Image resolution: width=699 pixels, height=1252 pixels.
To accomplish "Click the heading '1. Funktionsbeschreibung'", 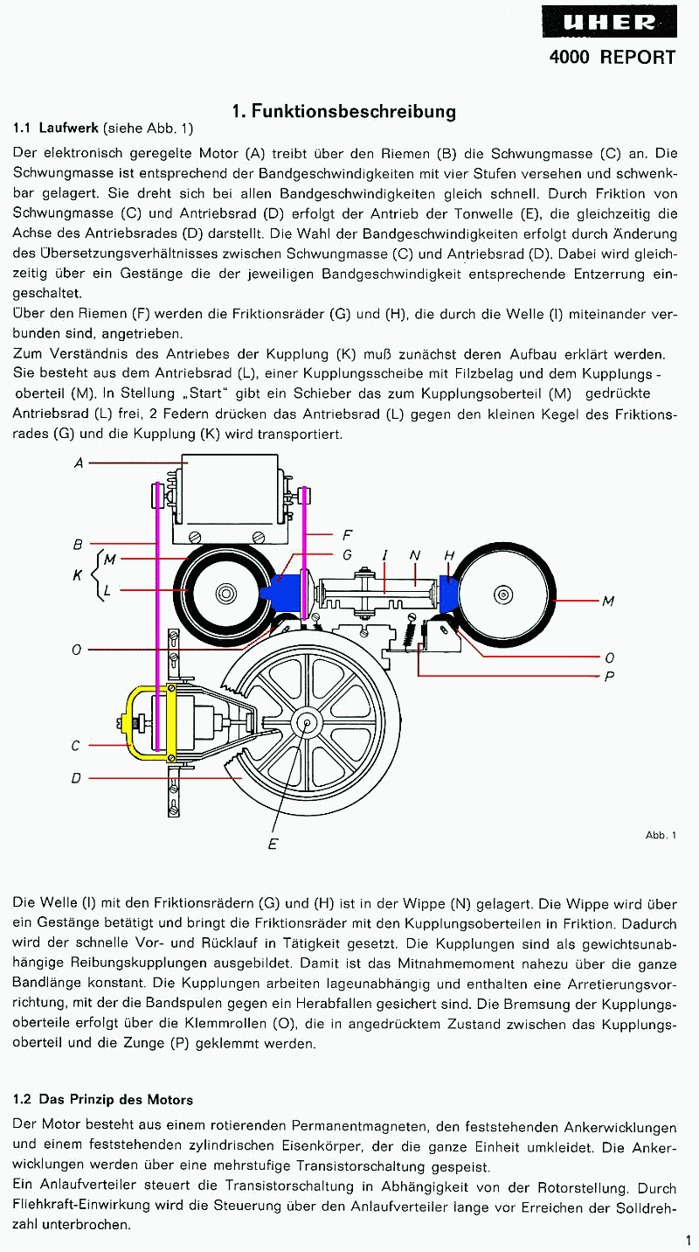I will pyautogui.click(x=343, y=111).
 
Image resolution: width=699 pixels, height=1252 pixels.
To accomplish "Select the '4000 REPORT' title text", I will pyautogui.click(x=612, y=58).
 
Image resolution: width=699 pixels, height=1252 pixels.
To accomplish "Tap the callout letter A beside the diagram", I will pyautogui.click(x=79, y=463).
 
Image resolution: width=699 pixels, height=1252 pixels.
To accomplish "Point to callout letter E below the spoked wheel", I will pyautogui.click(x=273, y=844).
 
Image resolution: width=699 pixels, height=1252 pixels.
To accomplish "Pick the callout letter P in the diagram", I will pyautogui.click(x=608, y=676).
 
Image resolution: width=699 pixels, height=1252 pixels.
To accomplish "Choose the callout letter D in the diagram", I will pyautogui.click(x=76, y=777).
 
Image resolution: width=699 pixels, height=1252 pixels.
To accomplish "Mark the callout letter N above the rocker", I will pyautogui.click(x=415, y=555).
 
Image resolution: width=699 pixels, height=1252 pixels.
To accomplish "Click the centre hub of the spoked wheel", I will pyautogui.click(x=307, y=723).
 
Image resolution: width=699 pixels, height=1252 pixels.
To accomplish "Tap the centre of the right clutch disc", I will pyautogui.click(x=503, y=595).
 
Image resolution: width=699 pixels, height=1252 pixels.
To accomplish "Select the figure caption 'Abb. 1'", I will pyautogui.click(x=661, y=835).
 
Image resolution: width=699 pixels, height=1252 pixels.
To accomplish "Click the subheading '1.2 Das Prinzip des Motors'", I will pyautogui.click(x=103, y=1099).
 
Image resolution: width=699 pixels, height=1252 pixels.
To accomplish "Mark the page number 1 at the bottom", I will pyautogui.click(x=689, y=1239).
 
